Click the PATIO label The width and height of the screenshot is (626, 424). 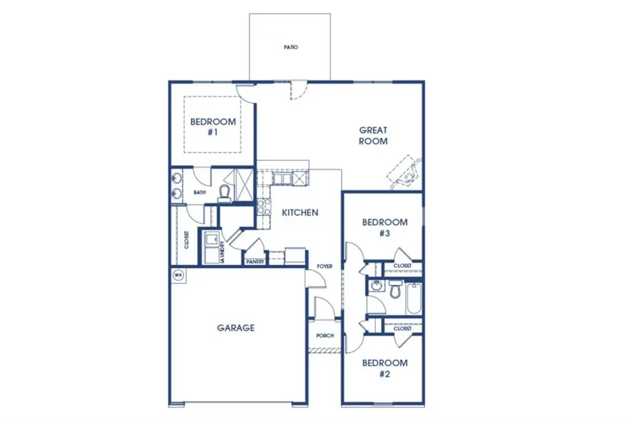tap(290, 47)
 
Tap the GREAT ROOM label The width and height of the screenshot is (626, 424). tap(373, 135)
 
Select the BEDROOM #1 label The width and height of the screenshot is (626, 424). tap(213, 127)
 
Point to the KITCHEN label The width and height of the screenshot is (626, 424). tap(300, 213)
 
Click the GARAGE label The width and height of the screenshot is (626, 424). tap(235, 328)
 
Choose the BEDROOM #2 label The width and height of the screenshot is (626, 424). tap(385, 368)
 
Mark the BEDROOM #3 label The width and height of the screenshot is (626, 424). tap(385, 228)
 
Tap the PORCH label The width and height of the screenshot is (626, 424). tap(325, 336)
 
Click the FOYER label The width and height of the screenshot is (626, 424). tap(324, 267)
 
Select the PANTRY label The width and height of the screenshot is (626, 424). tap(254, 262)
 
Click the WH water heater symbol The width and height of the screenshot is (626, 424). tap(179, 275)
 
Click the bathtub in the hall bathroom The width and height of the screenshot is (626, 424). tap(414, 297)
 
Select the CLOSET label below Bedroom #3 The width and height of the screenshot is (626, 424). tap(402, 266)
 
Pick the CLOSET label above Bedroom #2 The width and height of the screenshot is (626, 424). tap(402, 329)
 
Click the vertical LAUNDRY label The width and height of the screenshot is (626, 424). tap(223, 251)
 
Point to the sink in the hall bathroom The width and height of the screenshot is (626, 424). tap(377, 286)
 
